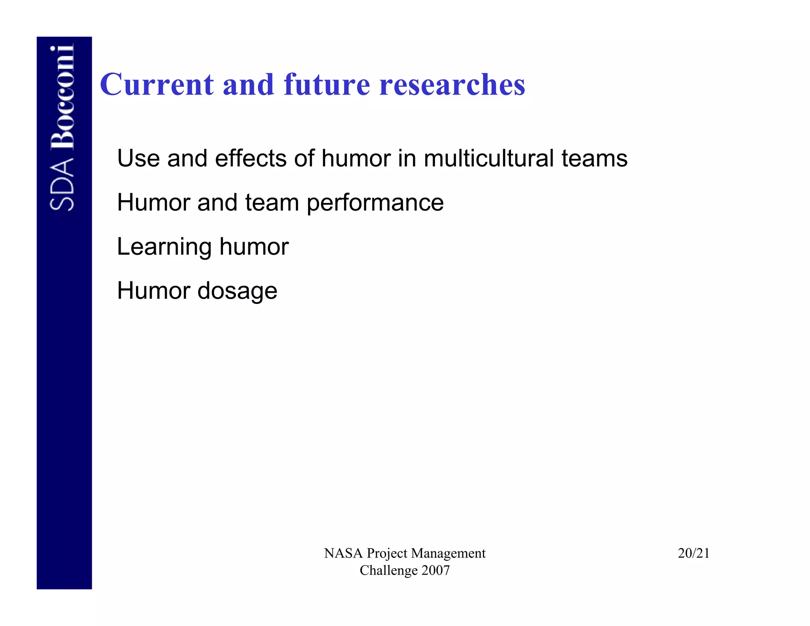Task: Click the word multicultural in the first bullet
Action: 489,159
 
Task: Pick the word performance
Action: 375,203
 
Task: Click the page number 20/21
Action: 693,553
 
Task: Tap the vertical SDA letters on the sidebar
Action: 62,184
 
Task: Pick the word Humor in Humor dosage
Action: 154,291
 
